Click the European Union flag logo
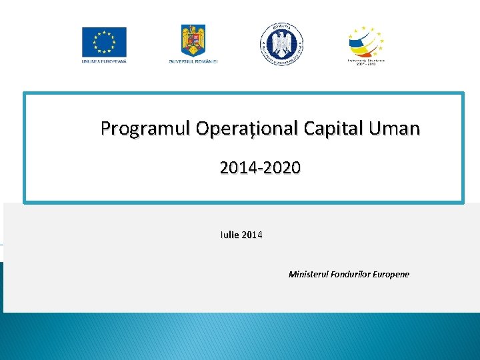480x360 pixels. [104, 42]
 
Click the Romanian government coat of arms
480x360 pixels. [193, 41]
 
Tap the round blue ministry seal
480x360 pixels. [281, 44]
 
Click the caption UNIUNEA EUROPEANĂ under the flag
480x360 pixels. [104, 61]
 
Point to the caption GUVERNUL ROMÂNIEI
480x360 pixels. [193, 61]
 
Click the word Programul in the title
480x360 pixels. [145, 128]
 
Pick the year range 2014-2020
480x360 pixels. [260, 167]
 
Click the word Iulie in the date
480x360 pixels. [229, 235]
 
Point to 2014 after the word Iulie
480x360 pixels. [252, 235]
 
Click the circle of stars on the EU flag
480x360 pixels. [104, 42]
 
